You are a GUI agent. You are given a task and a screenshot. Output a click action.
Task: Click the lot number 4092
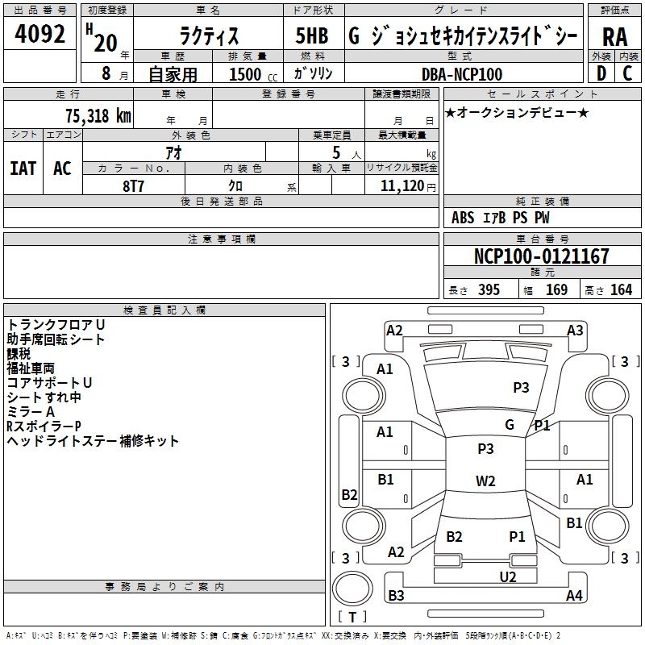pyautogui.click(x=40, y=35)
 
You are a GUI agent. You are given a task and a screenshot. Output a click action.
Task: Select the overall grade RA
pyautogui.click(x=614, y=37)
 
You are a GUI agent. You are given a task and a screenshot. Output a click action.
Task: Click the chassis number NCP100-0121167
pyautogui.click(x=541, y=256)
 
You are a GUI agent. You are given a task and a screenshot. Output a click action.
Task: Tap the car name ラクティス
pyautogui.click(x=208, y=37)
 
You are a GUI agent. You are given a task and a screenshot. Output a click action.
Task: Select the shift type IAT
pyautogui.click(x=23, y=169)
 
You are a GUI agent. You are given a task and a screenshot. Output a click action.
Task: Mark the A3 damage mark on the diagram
pyautogui.click(x=575, y=330)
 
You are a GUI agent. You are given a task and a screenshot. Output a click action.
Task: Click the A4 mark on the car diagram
pyautogui.click(x=574, y=596)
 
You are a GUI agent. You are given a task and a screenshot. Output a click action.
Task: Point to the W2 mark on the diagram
pyautogui.click(x=485, y=481)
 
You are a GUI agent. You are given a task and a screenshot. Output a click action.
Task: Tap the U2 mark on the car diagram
pyautogui.click(x=507, y=576)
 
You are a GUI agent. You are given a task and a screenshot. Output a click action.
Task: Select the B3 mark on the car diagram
pyautogui.click(x=396, y=596)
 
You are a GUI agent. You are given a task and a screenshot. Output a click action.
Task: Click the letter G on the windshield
pyautogui.click(x=510, y=425)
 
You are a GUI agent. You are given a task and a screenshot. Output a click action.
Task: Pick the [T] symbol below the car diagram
pyautogui.click(x=352, y=618)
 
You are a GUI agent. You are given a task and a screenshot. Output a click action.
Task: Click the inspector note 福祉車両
pyautogui.click(x=31, y=368)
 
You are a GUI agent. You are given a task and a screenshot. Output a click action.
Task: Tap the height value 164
pyautogui.click(x=621, y=290)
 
